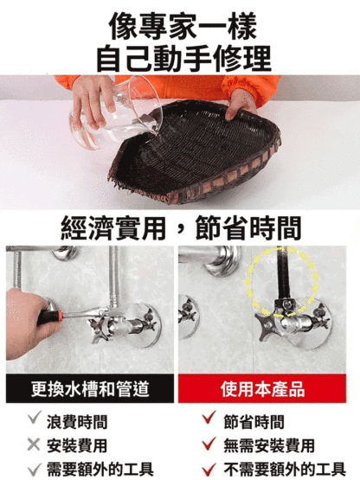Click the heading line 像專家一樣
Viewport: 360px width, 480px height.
point(183,27)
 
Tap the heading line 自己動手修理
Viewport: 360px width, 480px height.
point(183,59)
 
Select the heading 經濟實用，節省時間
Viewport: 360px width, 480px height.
point(181,227)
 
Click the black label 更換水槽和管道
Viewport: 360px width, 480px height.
point(90,388)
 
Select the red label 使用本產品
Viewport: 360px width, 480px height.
point(262,388)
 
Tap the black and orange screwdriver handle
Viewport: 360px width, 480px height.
point(50,317)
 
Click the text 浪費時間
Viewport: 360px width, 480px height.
point(77,421)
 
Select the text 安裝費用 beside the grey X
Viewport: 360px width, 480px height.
point(77,445)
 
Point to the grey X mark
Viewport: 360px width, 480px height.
point(34,445)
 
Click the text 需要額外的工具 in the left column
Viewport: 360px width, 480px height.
point(100,470)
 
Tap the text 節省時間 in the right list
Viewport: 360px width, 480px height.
point(254,421)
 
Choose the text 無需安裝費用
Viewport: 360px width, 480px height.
point(269,445)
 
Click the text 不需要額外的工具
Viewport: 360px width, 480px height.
point(285,470)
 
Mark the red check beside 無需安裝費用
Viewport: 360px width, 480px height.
point(209,444)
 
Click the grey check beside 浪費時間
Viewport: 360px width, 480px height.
point(34,418)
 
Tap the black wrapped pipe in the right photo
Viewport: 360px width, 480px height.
point(283,275)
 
